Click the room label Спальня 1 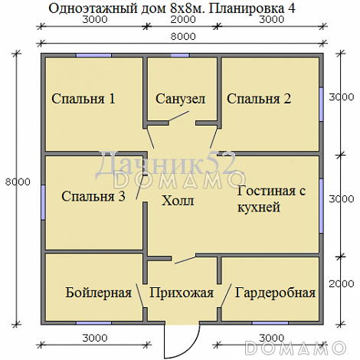pos(83,98)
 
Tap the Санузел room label pos(181,99)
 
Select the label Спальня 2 pos(259,98)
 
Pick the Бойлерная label pos(99,293)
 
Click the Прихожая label pos(181,293)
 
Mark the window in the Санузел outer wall pos(180,56)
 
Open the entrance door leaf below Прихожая pos(165,341)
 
